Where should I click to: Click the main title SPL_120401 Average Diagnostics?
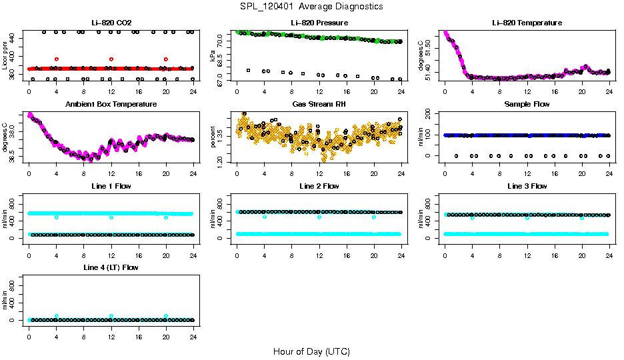click(x=312, y=6)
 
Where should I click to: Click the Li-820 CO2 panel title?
click(x=111, y=23)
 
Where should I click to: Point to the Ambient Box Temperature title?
click(x=111, y=105)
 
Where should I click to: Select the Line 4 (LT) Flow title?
click(x=111, y=267)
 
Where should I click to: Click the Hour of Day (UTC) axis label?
click(x=312, y=351)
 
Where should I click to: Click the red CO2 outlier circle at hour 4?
click(x=57, y=59)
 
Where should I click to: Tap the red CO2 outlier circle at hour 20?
click(x=166, y=59)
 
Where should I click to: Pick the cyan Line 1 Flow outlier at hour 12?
click(x=111, y=217)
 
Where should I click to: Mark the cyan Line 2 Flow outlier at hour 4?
click(x=265, y=217)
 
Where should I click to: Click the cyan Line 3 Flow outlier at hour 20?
click(x=582, y=217)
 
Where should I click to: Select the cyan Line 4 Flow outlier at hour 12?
click(x=111, y=316)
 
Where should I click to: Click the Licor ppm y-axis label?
click(x=5, y=57)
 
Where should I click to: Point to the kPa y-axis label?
click(x=213, y=57)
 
